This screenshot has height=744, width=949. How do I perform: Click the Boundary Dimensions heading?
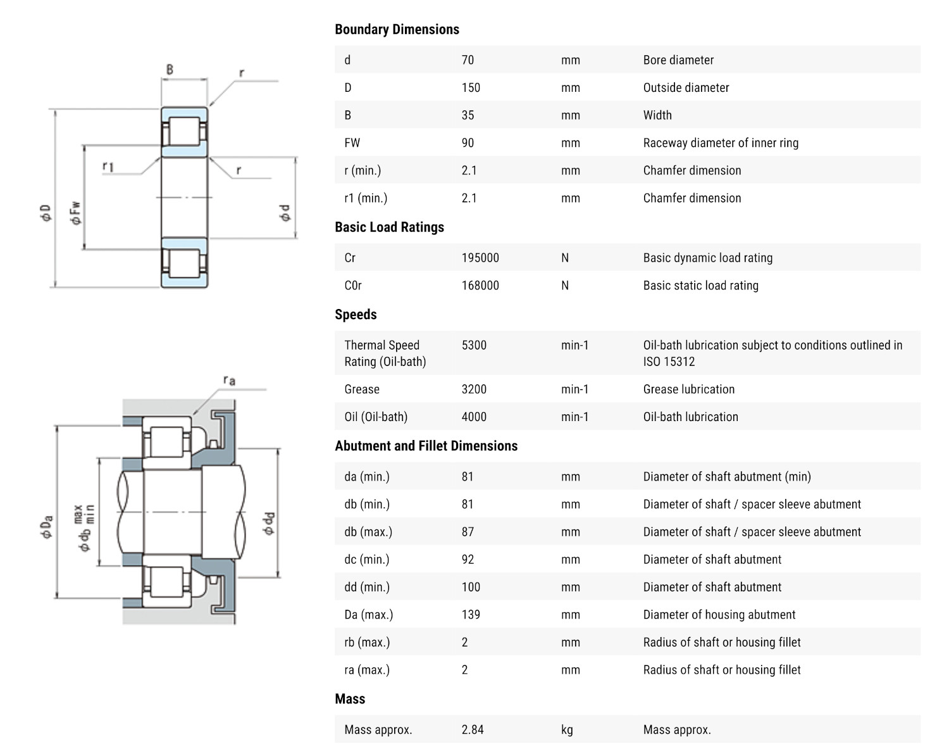(397, 29)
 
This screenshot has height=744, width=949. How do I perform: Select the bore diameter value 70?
(468, 60)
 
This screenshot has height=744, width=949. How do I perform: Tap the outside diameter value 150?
(471, 87)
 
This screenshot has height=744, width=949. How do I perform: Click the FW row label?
(352, 143)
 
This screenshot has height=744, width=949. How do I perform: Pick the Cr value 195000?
(480, 258)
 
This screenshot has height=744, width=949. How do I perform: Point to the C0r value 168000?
(480, 286)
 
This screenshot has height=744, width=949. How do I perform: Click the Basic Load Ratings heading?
(389, 227)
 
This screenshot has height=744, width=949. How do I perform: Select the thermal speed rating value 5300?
(474, 345)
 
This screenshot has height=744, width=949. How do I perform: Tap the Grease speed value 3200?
(474, 389)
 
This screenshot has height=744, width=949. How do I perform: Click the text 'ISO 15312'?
(669, 362)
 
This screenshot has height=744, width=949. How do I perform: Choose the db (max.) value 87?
(468, 532)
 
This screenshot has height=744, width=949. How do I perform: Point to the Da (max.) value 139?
(471, 615)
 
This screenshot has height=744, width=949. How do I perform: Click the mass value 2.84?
(473, 729)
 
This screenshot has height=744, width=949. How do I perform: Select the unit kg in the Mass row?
(567, 729)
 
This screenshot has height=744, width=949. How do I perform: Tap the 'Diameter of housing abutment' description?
(719, 615)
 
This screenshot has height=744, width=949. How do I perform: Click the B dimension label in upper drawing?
(170, 70)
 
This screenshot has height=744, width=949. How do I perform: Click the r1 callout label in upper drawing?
(108, 167)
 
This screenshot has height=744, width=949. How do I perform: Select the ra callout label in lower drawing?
(229, 380)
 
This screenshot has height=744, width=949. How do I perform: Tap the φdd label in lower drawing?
(269, 523)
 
